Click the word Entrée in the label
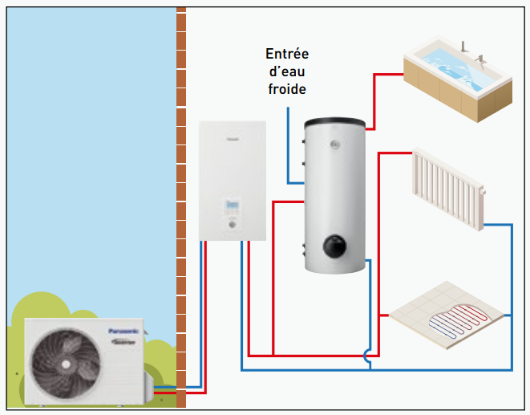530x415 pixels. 287,55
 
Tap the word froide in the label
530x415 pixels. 287,89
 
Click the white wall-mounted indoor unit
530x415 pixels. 232,180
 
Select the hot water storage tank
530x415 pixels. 334,193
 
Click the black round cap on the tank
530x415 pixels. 334,244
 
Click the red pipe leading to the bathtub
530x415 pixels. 374,96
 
